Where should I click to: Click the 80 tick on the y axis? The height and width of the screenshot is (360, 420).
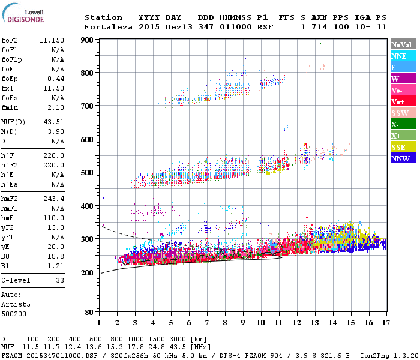pyautogui.click(x=89, y=313)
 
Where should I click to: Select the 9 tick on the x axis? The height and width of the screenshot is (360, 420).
pyautogui.click(x=243, y=323)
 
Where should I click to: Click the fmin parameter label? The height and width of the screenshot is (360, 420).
pyautogui.click(x=10, y=107)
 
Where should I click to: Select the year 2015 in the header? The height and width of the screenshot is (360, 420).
pyautogui.click(x=149, y=27)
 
